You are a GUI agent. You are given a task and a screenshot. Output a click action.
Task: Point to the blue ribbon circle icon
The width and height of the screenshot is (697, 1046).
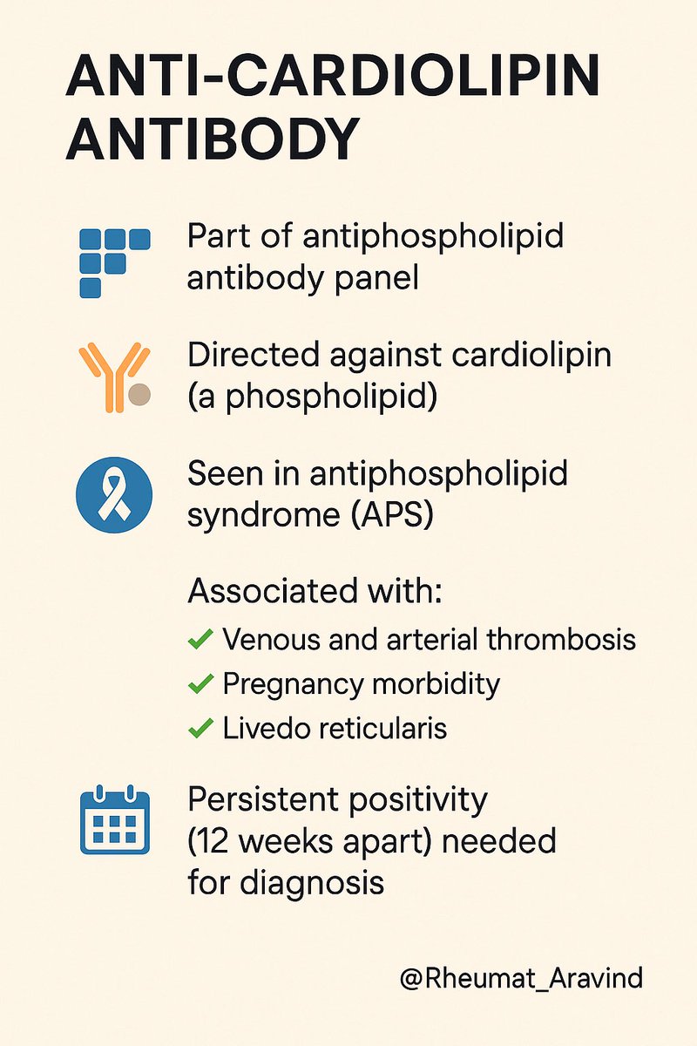114,495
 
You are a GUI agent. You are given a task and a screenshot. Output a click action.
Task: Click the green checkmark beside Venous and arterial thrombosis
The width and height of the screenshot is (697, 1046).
200,640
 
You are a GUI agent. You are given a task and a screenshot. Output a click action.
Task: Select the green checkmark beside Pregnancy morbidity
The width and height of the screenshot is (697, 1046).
200,684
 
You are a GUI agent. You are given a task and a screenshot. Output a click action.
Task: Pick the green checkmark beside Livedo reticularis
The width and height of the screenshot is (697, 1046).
200,728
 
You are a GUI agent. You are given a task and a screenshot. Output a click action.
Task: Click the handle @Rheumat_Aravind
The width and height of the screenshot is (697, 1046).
521,977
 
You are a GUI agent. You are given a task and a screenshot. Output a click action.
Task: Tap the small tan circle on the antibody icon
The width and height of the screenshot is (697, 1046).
139,395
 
